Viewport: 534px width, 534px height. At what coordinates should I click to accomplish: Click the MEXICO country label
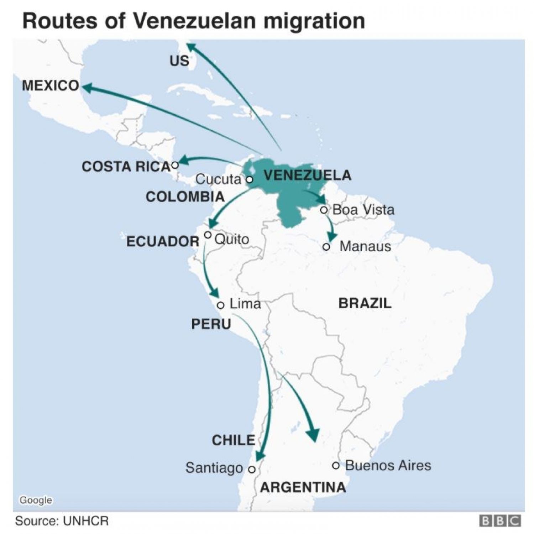pyautogui.click(x=51, y=86)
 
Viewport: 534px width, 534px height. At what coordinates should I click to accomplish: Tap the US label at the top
pyautogui.click(x=179, y=61)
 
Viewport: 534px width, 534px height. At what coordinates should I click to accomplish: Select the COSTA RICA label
pyautogui.click(x=126, y=167)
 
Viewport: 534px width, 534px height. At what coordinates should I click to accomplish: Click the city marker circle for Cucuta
pyautogui.click(x=250, y=179)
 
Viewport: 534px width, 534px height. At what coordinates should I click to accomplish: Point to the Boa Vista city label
pyautogui.click(x=363, y=210)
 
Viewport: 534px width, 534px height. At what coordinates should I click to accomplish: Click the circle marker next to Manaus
pyautogui.click(x=326, y=247)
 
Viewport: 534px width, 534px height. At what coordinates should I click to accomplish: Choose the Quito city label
pyautogui.click(x=232, y=239)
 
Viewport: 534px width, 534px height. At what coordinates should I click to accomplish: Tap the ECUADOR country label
pyautogui.click(x=163, y=242)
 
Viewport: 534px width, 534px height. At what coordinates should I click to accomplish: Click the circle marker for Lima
pyautogui.click(x=221, y=305)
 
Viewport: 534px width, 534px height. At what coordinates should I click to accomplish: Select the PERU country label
pyautogui.click(x=211, y=324)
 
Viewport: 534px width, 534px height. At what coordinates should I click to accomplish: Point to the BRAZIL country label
pyautogui.click(x=365, y=303)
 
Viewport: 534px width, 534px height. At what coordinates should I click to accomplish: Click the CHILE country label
pyautogui.click(x=234, y=440)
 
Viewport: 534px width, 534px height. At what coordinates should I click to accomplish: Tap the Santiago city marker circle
pyautogui.click(x=252, y=469)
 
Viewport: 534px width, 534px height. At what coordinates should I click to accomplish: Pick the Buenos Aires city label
pyautogui.click(x=388, y=466)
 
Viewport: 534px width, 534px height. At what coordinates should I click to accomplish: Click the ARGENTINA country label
pyautogui.click(x=303, y=487)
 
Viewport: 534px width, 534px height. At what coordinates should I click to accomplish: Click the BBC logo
pyautogui.click(x=500, y=521)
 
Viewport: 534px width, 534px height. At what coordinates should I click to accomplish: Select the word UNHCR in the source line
pyautogui.click(x=86, y=521)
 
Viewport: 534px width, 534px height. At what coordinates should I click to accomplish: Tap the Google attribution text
pyautogui.click(x=36, y=500)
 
